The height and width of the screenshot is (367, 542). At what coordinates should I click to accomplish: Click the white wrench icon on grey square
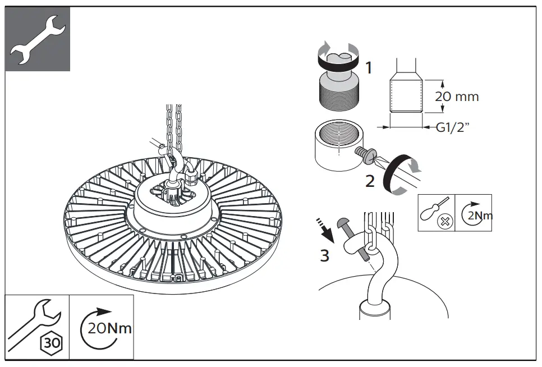click(x=38, y=39)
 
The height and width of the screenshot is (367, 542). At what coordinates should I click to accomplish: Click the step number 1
click(x=369, y=68)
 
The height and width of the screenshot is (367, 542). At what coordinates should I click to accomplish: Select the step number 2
click(x=370, y=181)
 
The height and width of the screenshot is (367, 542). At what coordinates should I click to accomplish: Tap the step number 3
click(x=324, y=256)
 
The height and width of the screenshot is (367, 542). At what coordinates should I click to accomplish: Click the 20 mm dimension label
click(x=457, y=96)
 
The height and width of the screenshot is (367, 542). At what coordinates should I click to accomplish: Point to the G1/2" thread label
click(x=453, y=127)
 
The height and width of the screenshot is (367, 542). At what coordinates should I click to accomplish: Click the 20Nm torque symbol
click(x=107, y=327)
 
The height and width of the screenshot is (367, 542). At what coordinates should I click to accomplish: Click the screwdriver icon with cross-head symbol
click(x=437, y=213)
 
